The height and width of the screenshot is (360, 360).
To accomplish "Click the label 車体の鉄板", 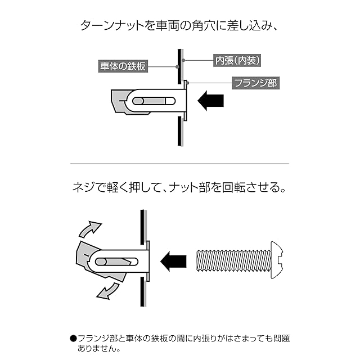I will pyautogui.click(x=123, y=66).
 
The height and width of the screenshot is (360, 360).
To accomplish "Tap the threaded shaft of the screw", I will pyautogui.click(x=233, y=260).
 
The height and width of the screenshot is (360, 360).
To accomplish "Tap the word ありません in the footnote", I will pyautogui.click(x=96, y=348).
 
